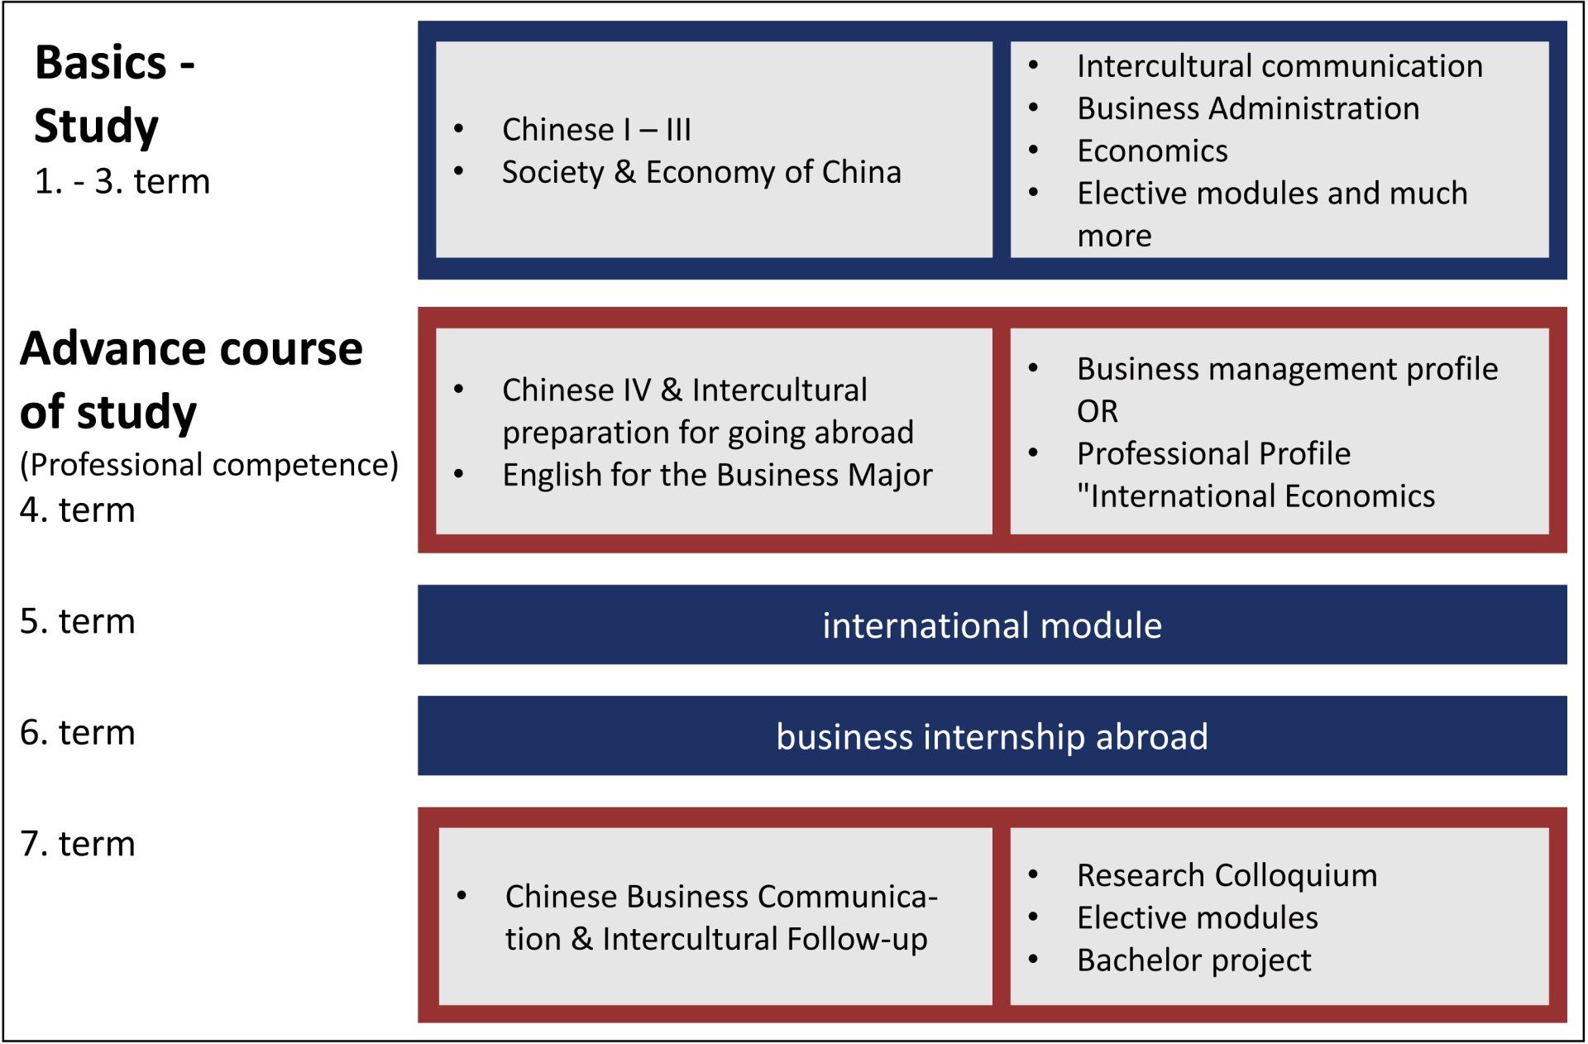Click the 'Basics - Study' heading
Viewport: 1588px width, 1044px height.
(x=114, y=93)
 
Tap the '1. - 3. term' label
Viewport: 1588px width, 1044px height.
(x=122, y=182)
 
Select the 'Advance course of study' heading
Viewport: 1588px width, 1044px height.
(x=191, y=380)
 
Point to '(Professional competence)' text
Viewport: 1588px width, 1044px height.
(x=209, y=465)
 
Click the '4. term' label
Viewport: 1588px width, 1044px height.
(x=78, y=510)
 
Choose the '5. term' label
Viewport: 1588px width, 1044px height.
(x=78, y=621)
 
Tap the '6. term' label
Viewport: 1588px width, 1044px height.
(x=78, y=733)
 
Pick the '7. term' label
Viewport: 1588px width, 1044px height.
(x=78, y=844)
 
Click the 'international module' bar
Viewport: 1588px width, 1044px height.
(x=992, y=625)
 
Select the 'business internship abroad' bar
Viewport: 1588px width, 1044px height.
(x=992, y=736)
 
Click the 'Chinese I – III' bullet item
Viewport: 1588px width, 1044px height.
(x=596, y=130)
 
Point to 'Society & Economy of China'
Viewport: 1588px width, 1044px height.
(x=701, y=172)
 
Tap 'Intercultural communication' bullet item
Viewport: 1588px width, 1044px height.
(x=1279, y=66)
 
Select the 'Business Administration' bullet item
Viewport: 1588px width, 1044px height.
(x=1248, y=108)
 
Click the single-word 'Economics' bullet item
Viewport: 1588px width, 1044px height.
(x=1152, y=151)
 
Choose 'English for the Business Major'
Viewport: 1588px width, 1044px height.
(x=717, y=476)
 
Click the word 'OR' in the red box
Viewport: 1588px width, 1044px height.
(x=1098, y=411)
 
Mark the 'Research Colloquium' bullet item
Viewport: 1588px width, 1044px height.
(x=1227, y=875)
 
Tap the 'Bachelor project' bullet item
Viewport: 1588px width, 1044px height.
(x=1193, y=960)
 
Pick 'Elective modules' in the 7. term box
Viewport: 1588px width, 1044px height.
(x=1197, y=918)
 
